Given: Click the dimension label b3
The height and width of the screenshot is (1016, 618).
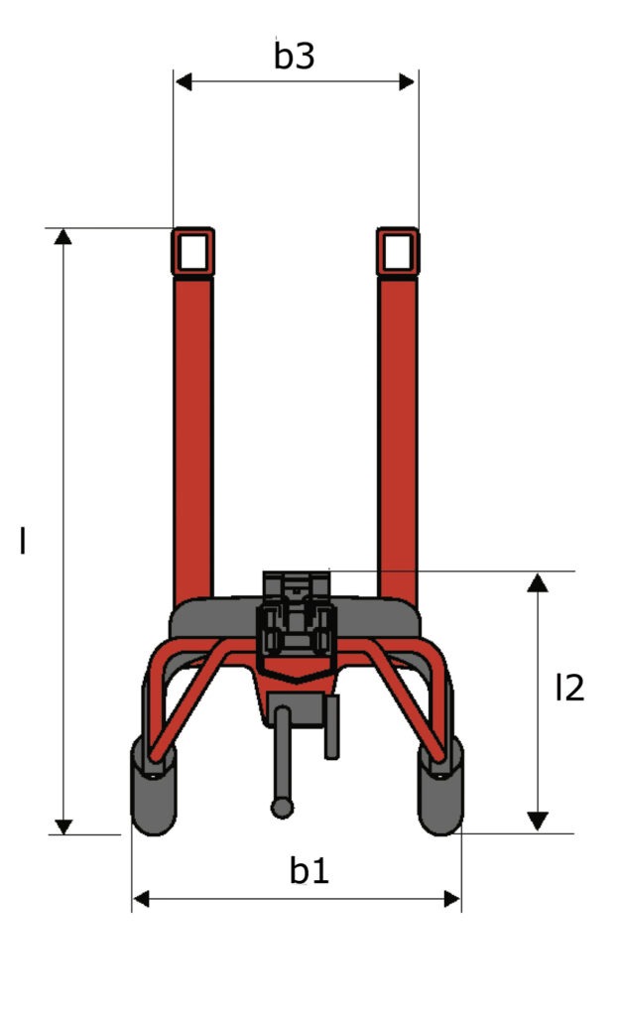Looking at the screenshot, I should click(x=295, y=57).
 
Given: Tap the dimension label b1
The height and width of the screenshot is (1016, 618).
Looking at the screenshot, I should click(x=309, y=871).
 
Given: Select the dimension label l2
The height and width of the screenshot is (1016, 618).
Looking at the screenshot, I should click(x=568, y=688).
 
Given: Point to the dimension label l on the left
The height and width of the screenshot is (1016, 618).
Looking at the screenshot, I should click(x=23, y=541).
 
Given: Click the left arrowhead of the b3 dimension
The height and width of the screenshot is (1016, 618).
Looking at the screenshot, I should click(x=183, y=81).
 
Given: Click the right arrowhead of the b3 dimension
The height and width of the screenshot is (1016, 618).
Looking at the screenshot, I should click(x=408, y=81).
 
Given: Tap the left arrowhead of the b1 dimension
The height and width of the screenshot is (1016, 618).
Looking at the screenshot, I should click(x=140, y=899).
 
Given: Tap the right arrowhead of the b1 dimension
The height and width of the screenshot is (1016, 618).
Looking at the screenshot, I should click(x=452, y=899).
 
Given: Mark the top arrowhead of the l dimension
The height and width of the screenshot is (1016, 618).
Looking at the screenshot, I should click(x=63, y=236).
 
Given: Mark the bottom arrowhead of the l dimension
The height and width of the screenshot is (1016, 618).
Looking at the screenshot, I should click(x=63, y=825).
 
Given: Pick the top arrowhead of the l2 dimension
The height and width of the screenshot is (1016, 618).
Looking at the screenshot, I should click(x=537, y=581).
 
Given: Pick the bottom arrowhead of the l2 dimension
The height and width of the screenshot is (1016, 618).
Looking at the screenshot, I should click(x=537, y=821).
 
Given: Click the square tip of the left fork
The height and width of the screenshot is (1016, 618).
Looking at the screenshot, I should click(x=193, y=251).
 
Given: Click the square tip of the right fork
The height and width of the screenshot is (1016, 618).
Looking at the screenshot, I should click(x=398, y=251).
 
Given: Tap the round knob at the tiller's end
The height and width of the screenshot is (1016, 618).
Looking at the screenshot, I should click(x=283, y=808).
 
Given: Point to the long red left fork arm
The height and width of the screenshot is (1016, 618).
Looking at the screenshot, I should click(x=193, y=437).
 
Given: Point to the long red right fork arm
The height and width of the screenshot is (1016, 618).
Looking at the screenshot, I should click(x=398, y=437).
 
